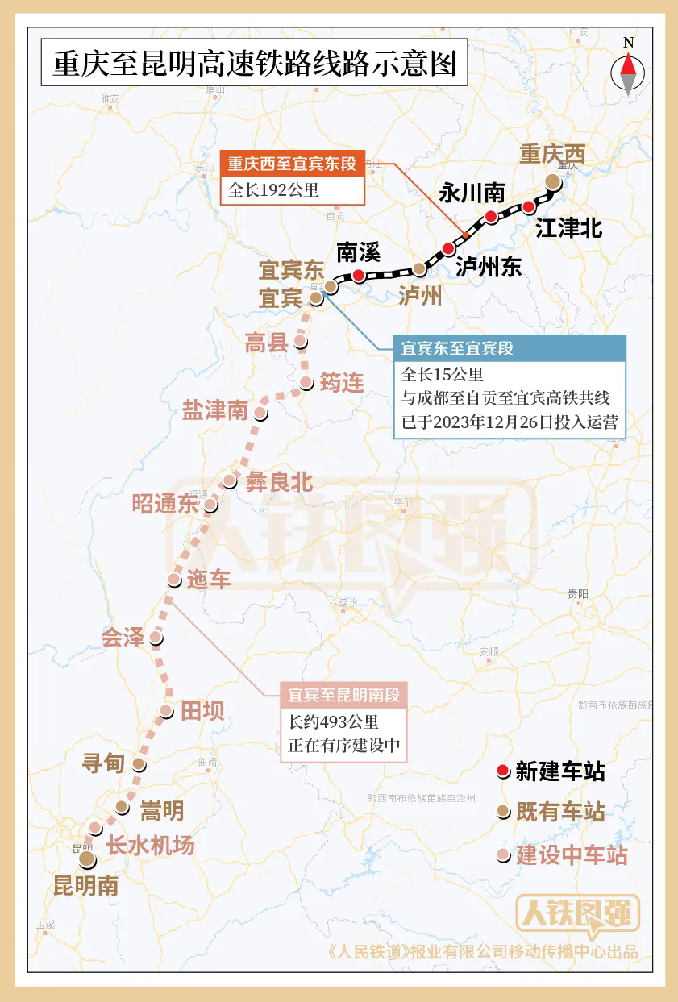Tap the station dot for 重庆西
[552, 181]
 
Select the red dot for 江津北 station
[529, 207]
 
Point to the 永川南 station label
[472, 193]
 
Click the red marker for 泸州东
[449, 249]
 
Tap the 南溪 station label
[358, 252]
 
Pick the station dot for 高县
[301, 342]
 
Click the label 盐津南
[215, 410]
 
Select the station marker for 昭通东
[210, 505]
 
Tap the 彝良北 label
[279, 482]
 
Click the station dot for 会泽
[156, 638]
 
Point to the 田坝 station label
[202, 711]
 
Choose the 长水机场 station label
[151, 846]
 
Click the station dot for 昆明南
[86, 861]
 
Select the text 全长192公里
[274, 190]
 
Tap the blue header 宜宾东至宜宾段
[457, 349]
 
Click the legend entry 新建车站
[560, 771]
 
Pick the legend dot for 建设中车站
[503, 855]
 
